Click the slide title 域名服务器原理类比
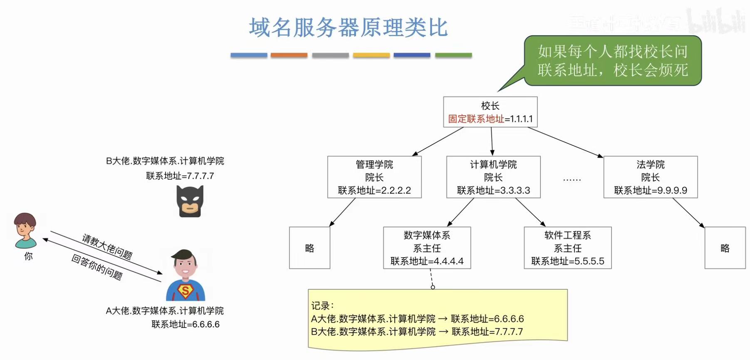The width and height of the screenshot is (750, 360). click(x=348, y=28)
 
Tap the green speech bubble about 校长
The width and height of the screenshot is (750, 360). click(x=612, y=61)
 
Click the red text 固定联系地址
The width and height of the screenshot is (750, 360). click(x=476, y=119)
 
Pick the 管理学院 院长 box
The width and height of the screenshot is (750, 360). click(x=374, y=177)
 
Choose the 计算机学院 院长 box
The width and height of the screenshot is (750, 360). click(x=493, y=177)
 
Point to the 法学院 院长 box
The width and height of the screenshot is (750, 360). click(x=650, y=177)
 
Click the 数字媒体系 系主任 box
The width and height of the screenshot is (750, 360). click(x=427, y=248)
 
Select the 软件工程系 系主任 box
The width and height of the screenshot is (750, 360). click(x=567, y=248)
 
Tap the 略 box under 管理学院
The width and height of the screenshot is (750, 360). click(x=309, y=248)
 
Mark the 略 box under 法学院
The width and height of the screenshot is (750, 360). click(x=725, y=248)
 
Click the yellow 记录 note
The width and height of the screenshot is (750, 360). click(x=438, y=319)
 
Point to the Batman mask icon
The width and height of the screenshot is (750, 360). click(x=190, y=201)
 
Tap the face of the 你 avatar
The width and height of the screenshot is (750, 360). click(x=25, y=227)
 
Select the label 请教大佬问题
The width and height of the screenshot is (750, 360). click(x=107, y=246)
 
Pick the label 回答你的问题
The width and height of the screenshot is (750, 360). click(x=97, y=267)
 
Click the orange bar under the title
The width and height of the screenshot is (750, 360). click(x=289, y=55)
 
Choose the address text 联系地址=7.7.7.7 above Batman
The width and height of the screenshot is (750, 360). click(x=180, y=176)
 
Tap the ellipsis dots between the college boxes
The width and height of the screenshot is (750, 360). click(x=572, y=179)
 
